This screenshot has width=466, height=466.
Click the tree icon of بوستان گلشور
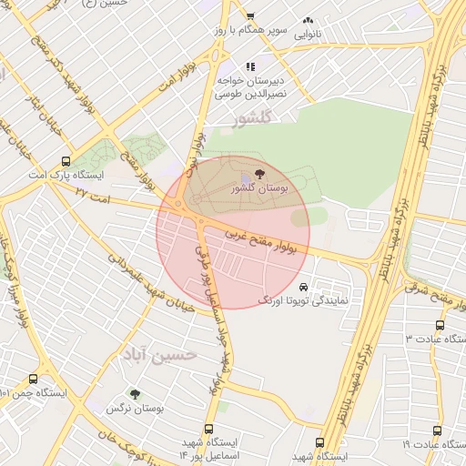click(x=261, y=172)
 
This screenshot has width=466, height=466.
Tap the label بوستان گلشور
click(x=260, y=187)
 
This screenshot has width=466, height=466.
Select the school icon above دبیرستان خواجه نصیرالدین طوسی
click(x=250, y=66)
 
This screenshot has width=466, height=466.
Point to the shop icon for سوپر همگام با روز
click(x=250, y=16)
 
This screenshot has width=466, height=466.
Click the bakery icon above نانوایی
click(x=308, y=20)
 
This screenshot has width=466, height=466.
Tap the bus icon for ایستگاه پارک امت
click(x=64, y=159)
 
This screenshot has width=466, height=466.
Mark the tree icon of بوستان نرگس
click(x=135, y=395)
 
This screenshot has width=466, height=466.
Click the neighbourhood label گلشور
click(x=252, y=118)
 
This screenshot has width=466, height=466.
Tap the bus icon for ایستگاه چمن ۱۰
click(x=34, y=380)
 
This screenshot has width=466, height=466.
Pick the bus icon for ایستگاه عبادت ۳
click(x=441, y=325)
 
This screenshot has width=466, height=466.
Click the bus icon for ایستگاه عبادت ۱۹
click(x=437, y=431)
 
